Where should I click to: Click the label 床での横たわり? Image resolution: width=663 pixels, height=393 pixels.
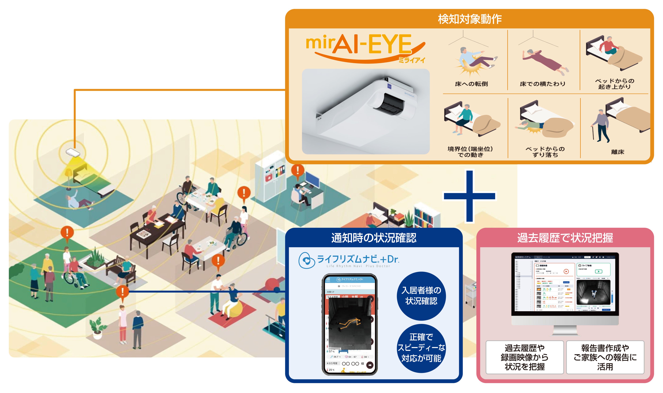pos(542,84)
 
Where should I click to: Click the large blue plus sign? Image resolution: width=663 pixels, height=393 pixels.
pos(469,196)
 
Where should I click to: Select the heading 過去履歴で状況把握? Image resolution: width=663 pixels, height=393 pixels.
pos(565,238)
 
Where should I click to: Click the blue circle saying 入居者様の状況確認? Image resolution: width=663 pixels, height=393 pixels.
pos(421,295)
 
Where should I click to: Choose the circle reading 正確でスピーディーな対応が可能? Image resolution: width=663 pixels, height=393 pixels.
pos(421,348)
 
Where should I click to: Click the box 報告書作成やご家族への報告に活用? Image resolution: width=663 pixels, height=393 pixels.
pos(605,357)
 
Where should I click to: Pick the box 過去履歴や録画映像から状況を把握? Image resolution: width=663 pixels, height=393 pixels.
pos(524,357)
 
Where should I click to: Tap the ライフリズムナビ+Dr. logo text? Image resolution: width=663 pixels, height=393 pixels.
pos(358,259)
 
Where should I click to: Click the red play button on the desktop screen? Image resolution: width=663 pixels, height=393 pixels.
pos(566,271)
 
